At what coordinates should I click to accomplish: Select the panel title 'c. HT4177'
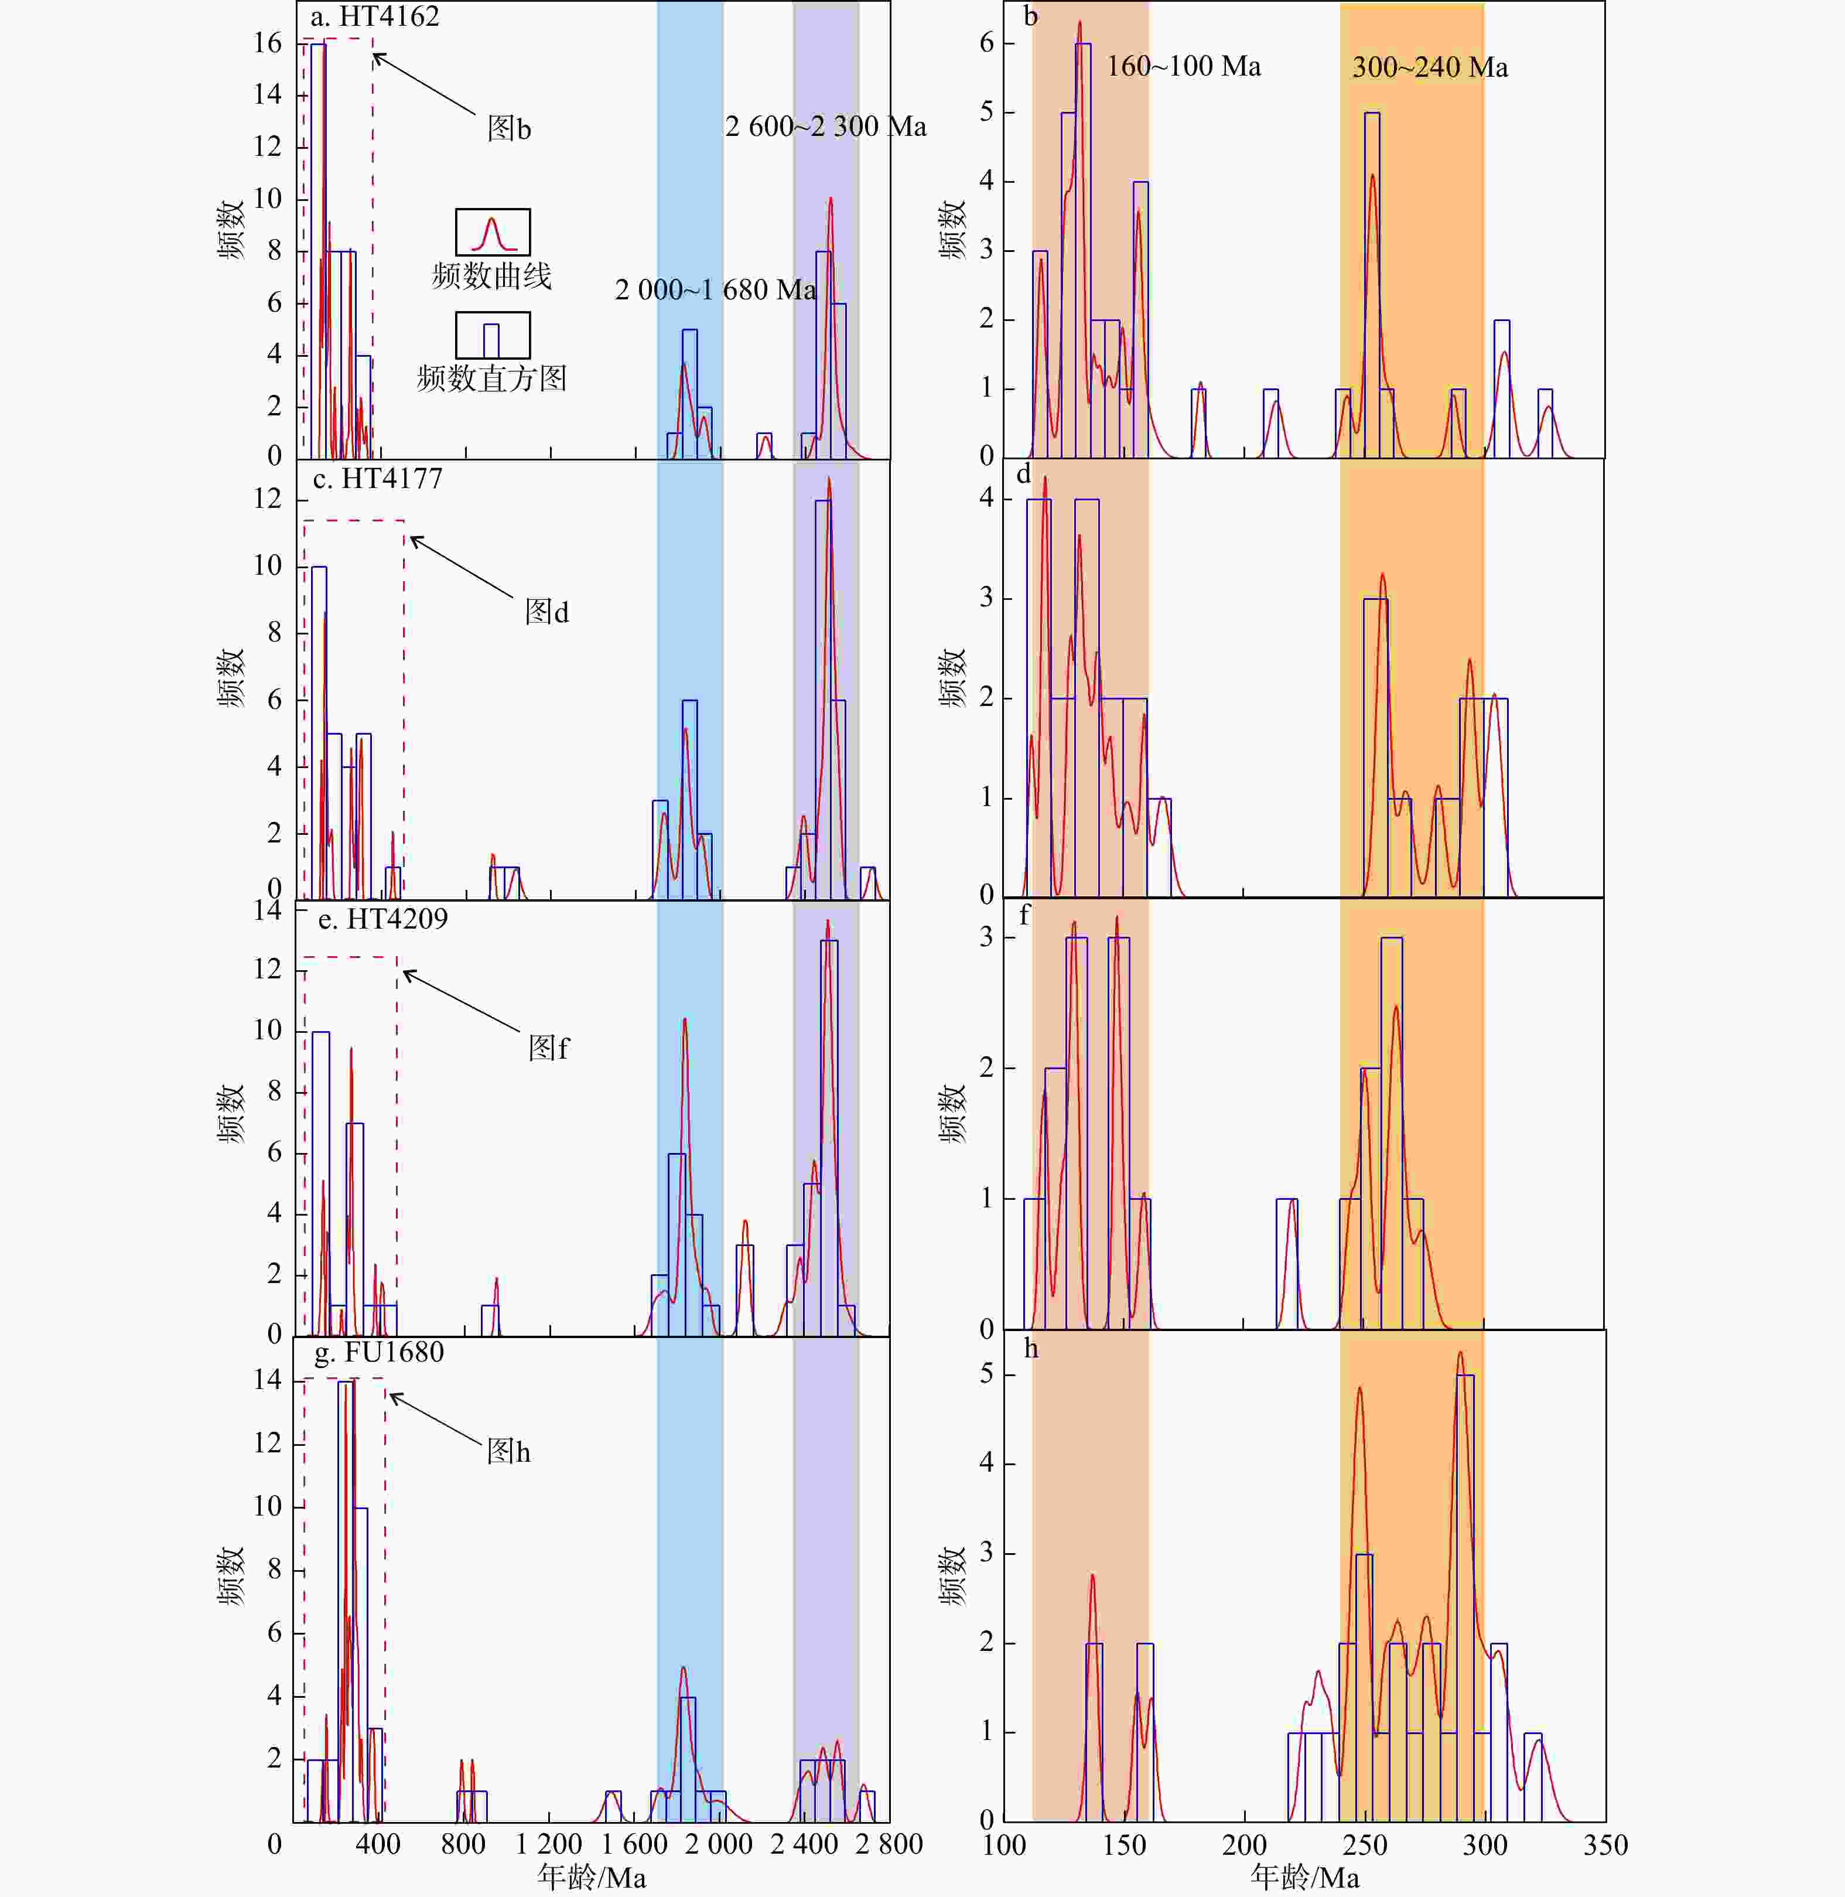point(377,479)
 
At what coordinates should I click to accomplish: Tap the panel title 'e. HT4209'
point(382,919)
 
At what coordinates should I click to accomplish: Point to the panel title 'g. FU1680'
point(379,1352)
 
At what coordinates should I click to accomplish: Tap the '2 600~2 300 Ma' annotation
point(826,127)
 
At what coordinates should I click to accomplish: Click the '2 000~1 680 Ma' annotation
point(715,290)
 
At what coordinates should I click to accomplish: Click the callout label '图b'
point(509,129)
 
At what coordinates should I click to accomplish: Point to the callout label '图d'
point(546,612)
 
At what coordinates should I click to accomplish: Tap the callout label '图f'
point(548,1048)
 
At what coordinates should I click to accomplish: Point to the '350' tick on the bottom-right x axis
point(1605,1845)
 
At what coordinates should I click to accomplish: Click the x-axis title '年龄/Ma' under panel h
point(1304,1878)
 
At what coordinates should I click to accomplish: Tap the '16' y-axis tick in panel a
point(268,43)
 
